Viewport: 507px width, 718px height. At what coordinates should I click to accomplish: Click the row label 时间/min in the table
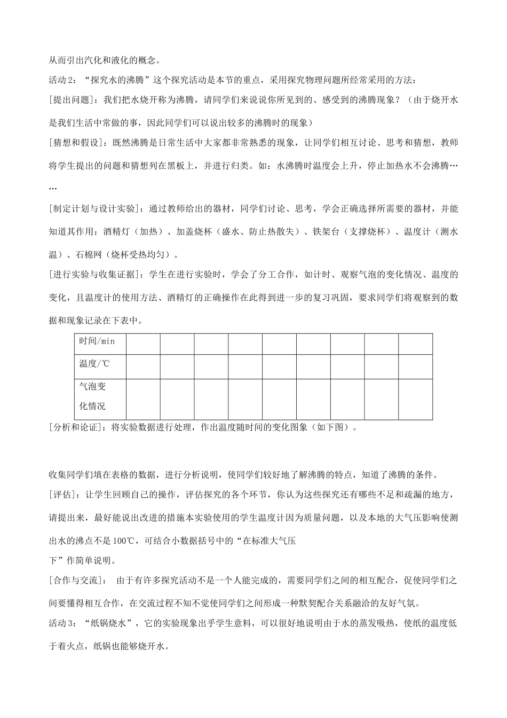click(x=97, y=341)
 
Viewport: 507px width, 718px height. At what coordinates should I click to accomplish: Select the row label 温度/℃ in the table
click(x=94, y=363)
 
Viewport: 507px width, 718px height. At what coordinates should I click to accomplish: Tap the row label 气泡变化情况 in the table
click(x=92, y=396)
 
